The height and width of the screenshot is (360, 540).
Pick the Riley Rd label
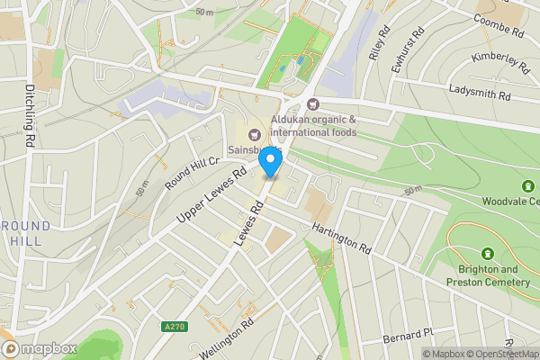point(378,42)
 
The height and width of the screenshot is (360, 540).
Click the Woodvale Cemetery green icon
point(527,186)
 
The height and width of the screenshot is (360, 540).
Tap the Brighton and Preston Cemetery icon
point(488,256)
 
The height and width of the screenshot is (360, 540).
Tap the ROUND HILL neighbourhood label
point(27,233)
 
